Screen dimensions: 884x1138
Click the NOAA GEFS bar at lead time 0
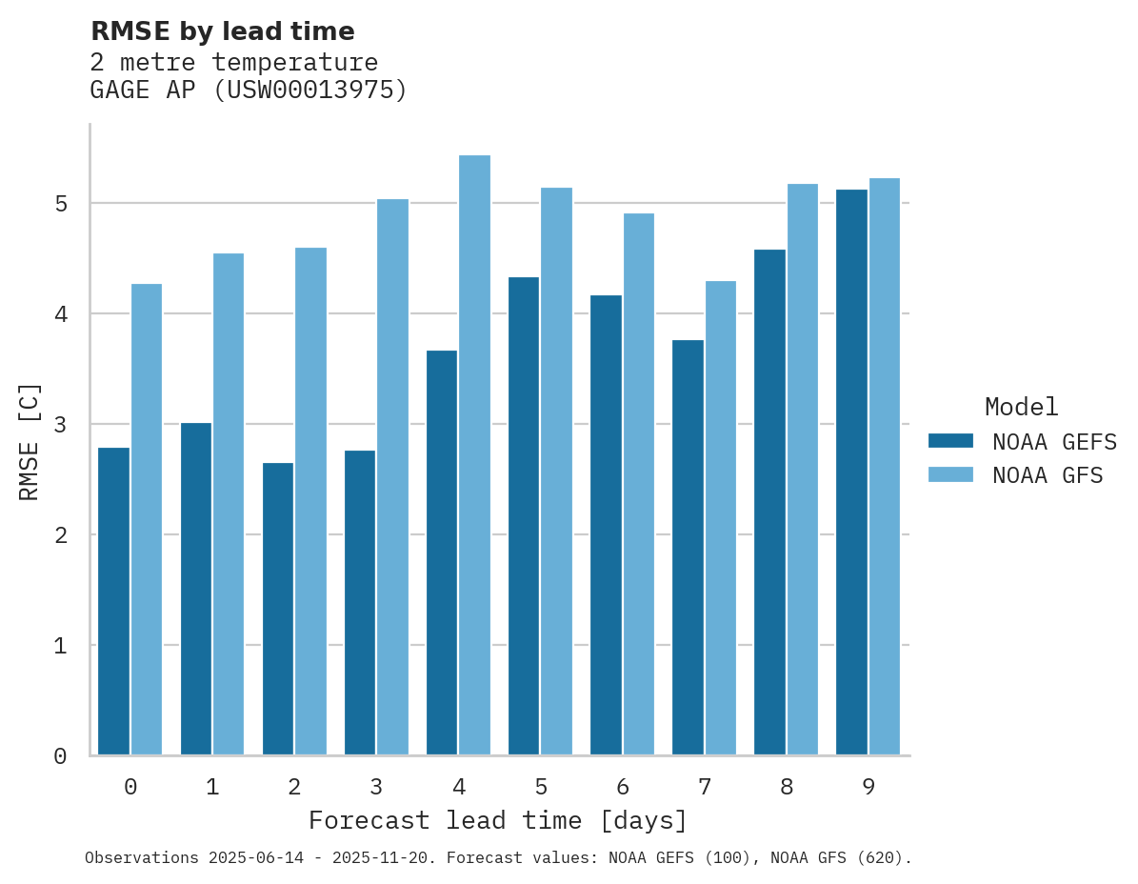tap(114, 601)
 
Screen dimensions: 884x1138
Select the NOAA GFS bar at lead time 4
tap(474, 455)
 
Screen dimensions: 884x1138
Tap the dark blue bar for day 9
tap(851, 472)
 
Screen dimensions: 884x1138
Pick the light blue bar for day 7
tap(720, 518)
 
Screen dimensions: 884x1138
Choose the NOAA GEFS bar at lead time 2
tap(278, 609)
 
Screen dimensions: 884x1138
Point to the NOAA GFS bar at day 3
tap(392, 477)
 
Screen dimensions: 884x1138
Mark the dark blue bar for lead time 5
tap(524, 516)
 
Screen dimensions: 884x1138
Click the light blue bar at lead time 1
tap(229, 504)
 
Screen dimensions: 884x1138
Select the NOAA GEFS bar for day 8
tap(769, 502)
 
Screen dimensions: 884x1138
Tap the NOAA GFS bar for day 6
tap(638, 484)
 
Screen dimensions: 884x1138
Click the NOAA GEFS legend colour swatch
tap(950, 441)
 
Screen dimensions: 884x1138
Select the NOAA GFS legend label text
tap(1048, 475)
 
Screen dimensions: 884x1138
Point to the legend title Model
tap(1021, 407)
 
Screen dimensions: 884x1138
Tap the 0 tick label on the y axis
tap(59, 756)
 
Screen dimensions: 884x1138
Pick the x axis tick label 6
tap(623, 787)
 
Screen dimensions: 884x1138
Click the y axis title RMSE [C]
tap(30, 441)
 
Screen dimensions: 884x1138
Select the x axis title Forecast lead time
tap(497, 820)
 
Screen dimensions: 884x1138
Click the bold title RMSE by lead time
tap(222, 31)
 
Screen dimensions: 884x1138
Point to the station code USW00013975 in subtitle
tap(303, 90)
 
